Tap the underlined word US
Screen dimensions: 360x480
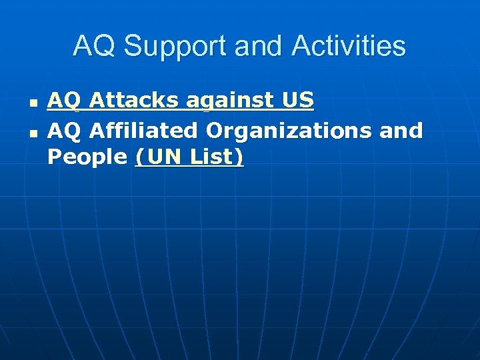pyautogui.click(x=298, y=101)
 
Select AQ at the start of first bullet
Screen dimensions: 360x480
pyautogui.click(x=63, y=101)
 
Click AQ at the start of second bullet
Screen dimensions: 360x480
pyautogui.click(x=63, y=130)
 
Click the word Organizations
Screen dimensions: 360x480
pyautogui.click(x=289, y=130)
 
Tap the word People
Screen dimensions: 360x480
pyautogui.click(x=87, y=158)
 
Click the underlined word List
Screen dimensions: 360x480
pyautogui.click(x=211, y=157)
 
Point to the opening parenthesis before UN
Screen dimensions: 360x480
pyautogui.click(x=139, y=158)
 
